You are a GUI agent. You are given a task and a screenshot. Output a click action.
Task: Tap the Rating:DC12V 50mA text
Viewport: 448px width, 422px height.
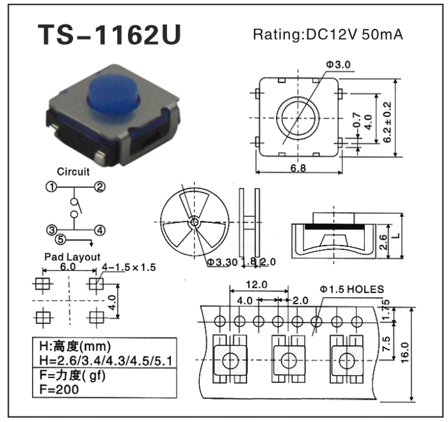[x=328, y=35]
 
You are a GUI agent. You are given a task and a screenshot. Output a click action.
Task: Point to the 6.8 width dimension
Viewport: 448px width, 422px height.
[x=299, y=168]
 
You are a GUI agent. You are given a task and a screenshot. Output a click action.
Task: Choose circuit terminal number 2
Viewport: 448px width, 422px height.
[x=100, y=187]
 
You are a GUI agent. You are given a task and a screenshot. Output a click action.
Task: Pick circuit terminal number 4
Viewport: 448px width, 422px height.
[x=100, y=230]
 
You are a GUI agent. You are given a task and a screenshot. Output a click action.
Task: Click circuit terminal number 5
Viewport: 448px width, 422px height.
[x=60, y=240]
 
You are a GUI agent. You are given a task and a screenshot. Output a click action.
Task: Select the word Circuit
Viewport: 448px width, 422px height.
[x=74, y=171]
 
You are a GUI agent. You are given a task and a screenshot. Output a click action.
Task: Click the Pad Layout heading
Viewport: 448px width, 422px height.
[x=72, y=257]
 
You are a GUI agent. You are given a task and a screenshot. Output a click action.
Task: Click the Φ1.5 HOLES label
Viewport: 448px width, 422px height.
[x=351, y=290]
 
